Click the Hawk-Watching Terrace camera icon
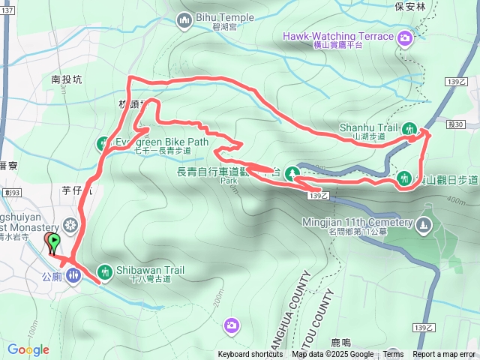pos(406,37)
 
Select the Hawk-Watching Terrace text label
pos(337,36)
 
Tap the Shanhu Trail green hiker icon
pos(409,128)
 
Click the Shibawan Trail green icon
pos(104,271)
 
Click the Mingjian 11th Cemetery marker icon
pos(424,223)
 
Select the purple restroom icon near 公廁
pos(72,274)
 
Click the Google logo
pos(28,349)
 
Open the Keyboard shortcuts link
pos(250,355)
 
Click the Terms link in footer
pos(393,355)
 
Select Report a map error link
pos(444,355)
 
